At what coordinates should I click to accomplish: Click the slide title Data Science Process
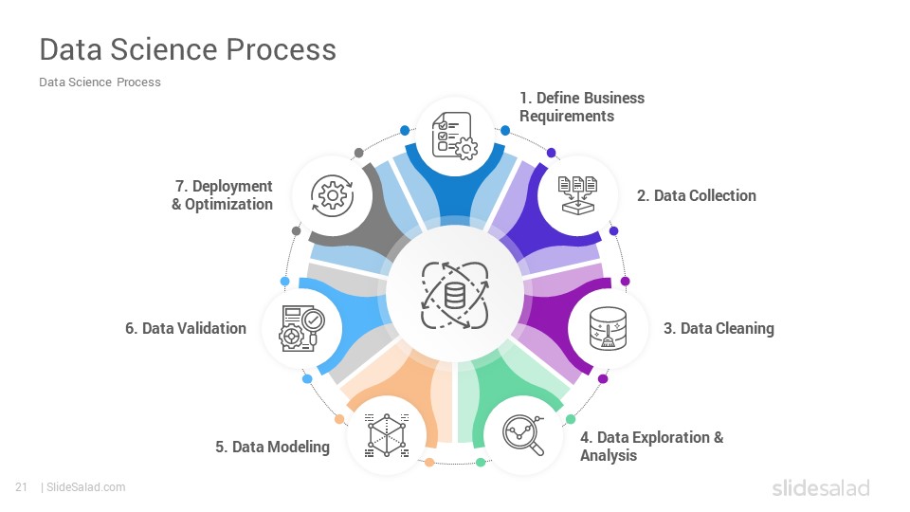tap(188, 50)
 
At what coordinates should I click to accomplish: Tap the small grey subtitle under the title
tap(100, 82)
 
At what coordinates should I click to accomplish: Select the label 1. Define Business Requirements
tap(582, 107)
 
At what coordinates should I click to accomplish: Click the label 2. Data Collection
tap(697, 195)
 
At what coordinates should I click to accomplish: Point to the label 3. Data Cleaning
tap(719, 329)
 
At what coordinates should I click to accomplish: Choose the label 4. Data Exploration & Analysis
tap(652, 447)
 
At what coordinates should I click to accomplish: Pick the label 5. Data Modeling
tap(272, 447)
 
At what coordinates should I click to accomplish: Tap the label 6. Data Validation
tap(186, 329)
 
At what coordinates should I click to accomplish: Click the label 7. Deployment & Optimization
tap(222, 195)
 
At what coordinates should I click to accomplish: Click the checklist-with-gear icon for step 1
tap(454, 136)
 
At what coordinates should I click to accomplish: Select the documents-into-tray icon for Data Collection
tap(577, 195)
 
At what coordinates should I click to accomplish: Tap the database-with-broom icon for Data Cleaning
tap(608, 329)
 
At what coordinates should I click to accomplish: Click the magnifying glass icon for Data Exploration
tap(523, 435)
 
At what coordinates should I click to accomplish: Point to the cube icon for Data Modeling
tap(387, 435)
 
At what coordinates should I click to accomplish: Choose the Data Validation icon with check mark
tap(301, 329)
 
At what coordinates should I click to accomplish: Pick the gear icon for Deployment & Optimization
tap(332, 195)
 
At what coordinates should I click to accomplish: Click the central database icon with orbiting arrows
tap(455, 295)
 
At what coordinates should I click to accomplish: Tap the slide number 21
tap(22, 487)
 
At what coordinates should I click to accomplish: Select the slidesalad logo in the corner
tap(821, 487)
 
